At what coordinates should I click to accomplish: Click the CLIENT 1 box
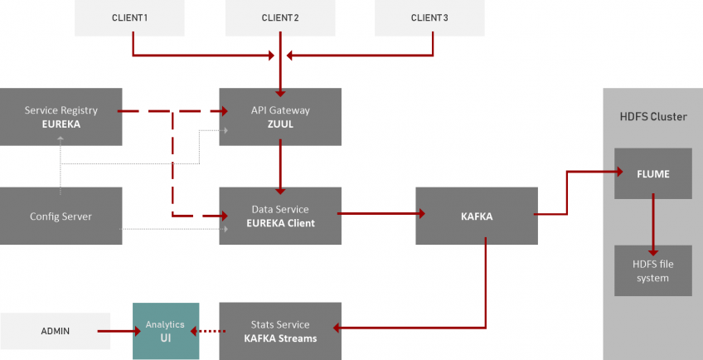(x=129, y=18)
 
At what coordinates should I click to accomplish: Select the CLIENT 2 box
(x=279, y=18)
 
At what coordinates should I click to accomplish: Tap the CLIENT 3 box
(x=429, y=18)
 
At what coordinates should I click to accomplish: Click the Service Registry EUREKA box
(x=61, y=116)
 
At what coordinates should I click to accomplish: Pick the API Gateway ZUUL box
(x=279, y=116)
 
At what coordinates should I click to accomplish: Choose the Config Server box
(x=61, y=216)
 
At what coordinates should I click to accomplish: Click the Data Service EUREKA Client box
(x=279, y=216)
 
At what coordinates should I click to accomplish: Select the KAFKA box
(x=476, y=216)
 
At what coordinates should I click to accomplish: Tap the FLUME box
(x=652, y=173)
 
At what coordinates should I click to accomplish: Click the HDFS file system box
(x=652, y=271)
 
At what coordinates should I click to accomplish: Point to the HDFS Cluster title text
(x=652, y=117)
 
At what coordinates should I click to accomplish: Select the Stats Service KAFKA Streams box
(x=279, y=331)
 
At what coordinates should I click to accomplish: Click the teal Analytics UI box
(x=166, y=331)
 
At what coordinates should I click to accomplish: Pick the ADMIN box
(x=55, y=331)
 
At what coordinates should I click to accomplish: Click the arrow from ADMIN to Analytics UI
(x=121, y=331)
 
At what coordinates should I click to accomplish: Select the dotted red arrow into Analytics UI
(x=209, y=331)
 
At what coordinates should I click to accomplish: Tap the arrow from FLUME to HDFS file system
(x=653, y=221)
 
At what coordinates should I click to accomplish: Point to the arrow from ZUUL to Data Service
(x=280, y=166)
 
